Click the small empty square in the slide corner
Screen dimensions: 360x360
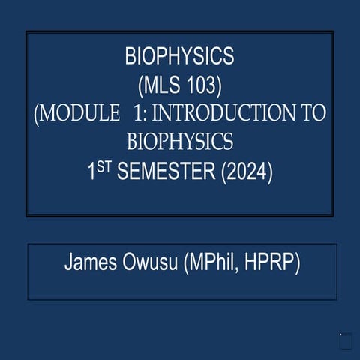346,342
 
